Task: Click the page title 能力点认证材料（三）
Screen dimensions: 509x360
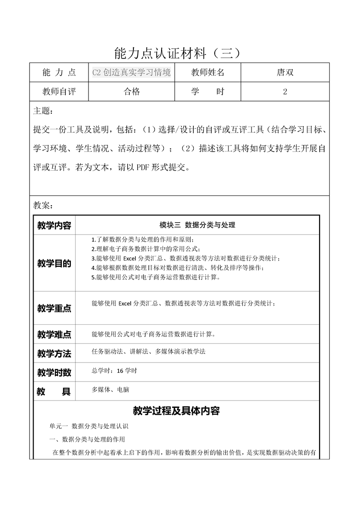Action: coord(180,54)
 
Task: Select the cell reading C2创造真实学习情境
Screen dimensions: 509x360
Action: coord(131,73)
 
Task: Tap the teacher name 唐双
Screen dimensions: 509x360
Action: coord(285,73)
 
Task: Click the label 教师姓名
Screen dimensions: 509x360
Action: coord(207,73)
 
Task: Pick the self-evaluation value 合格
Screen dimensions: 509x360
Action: coord(132,92)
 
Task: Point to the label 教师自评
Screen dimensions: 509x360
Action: coord(59,92)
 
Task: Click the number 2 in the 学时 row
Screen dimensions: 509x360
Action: coord(285,92)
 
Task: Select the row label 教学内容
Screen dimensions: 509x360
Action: coord(54,225)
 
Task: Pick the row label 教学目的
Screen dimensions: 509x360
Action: coord(54,264)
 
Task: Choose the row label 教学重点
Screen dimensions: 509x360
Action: coord(54,308)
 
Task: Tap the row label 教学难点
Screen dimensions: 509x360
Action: coord(54,335)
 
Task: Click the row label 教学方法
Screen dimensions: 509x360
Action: coord(54,354)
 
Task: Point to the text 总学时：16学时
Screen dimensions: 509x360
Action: coord(114,371)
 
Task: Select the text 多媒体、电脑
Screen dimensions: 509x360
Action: coord(110,390)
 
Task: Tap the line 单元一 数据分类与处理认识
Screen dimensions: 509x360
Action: coord(89,426)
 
